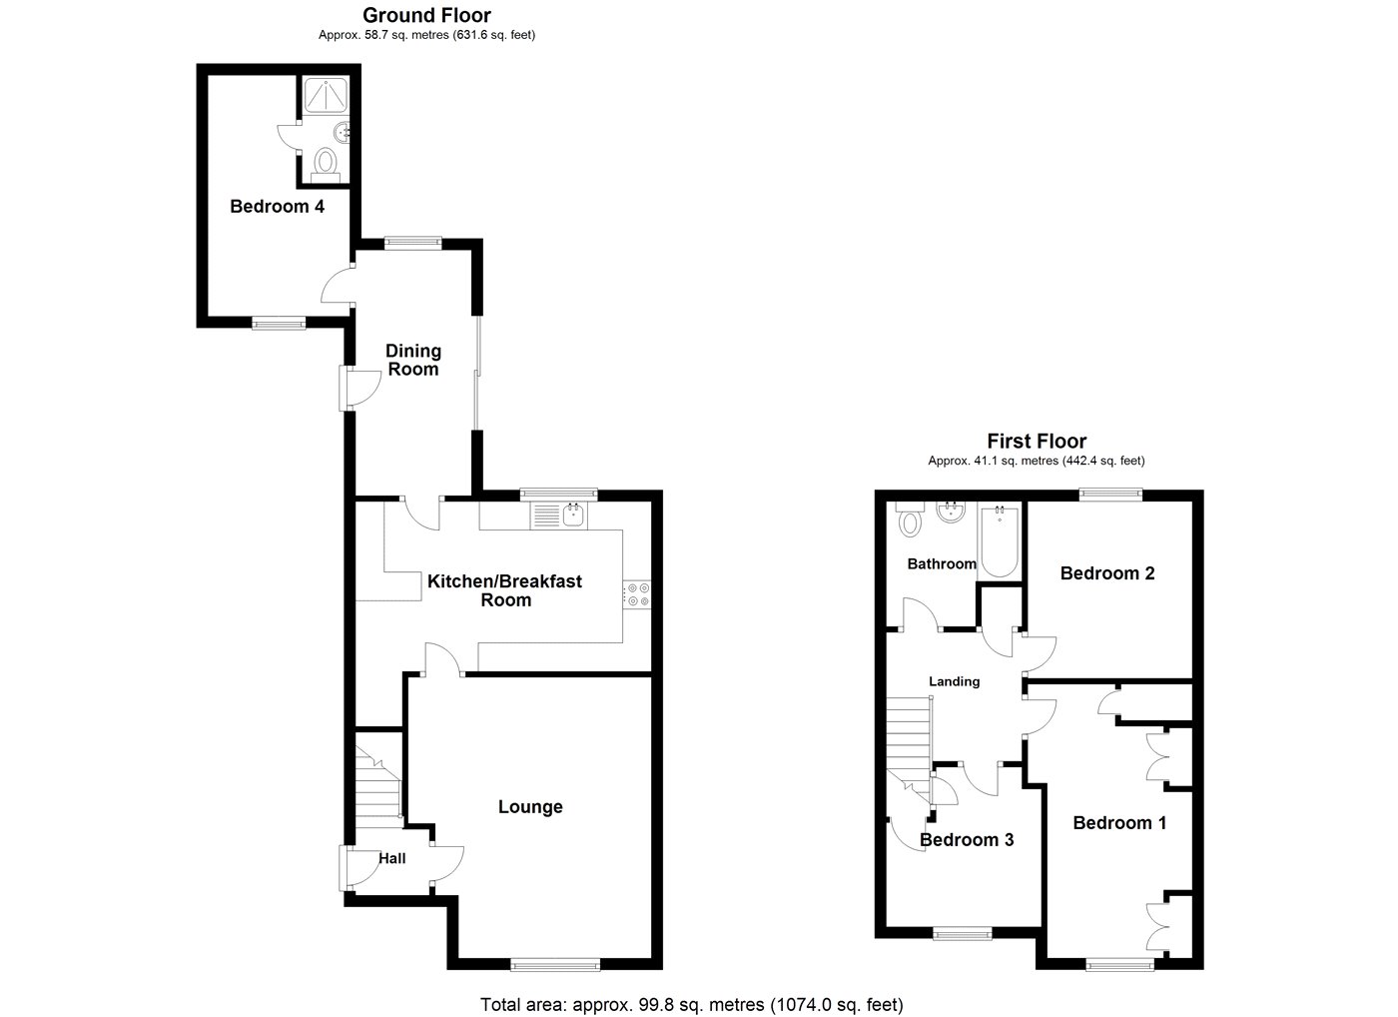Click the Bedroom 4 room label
[277, 207]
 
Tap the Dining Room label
[413, 360]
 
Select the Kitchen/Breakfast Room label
[505, 590]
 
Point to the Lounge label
[530, 807]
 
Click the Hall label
[391, 858]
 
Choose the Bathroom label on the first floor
[941, 563]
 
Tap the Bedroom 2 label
[1107, 573]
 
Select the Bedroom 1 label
[1119, 823]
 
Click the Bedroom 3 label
[967, 840]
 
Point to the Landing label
[955, 681]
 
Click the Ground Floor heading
[426, 15]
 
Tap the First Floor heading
[1037, 441]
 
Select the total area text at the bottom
[691, 1004]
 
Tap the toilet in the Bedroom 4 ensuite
[326, 162]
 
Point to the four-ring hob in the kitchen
[636, 593]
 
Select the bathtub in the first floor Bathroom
[1000, 541]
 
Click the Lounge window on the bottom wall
[554, 964]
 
